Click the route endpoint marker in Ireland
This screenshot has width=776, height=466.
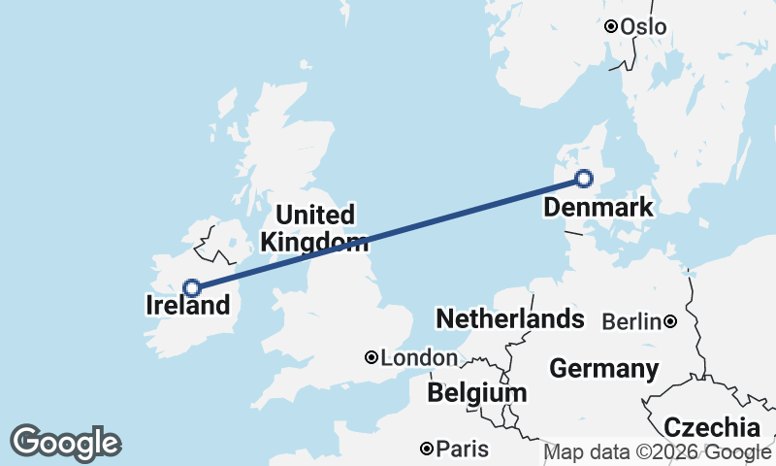192,287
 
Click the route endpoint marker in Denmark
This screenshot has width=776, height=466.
584,178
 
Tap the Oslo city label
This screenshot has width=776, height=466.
644,27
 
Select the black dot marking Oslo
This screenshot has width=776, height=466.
611,27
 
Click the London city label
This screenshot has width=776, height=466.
419,358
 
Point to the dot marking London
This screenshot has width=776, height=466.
372,358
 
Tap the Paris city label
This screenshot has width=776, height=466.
463,449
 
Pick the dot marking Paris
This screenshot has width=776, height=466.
427,449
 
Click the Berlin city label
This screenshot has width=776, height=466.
631,321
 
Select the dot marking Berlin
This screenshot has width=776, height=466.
670,321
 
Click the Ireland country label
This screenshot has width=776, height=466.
188,306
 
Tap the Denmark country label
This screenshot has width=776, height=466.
598,208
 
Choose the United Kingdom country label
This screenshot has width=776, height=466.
315,228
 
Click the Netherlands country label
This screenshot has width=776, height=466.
509,319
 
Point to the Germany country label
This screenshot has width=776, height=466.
603,369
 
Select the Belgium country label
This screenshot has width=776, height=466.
477,393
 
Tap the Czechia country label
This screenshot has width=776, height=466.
712,427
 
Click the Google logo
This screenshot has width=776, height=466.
65,443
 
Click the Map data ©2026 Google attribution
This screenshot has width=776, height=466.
658,452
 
